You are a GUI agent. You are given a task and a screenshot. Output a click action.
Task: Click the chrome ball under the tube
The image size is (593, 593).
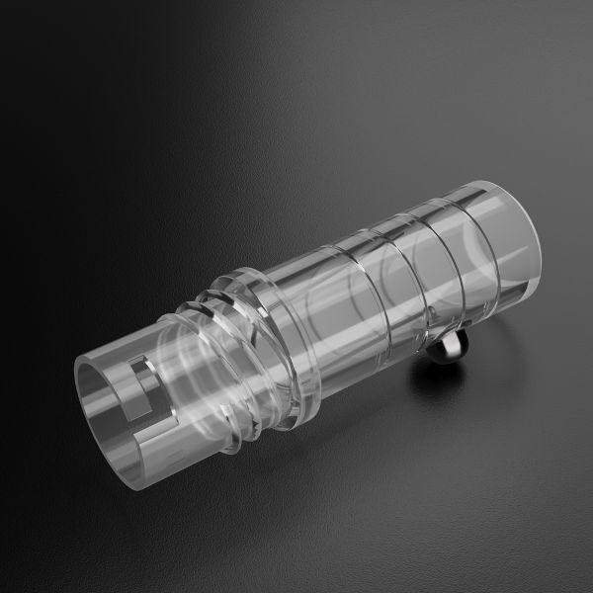pos(450,345)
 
